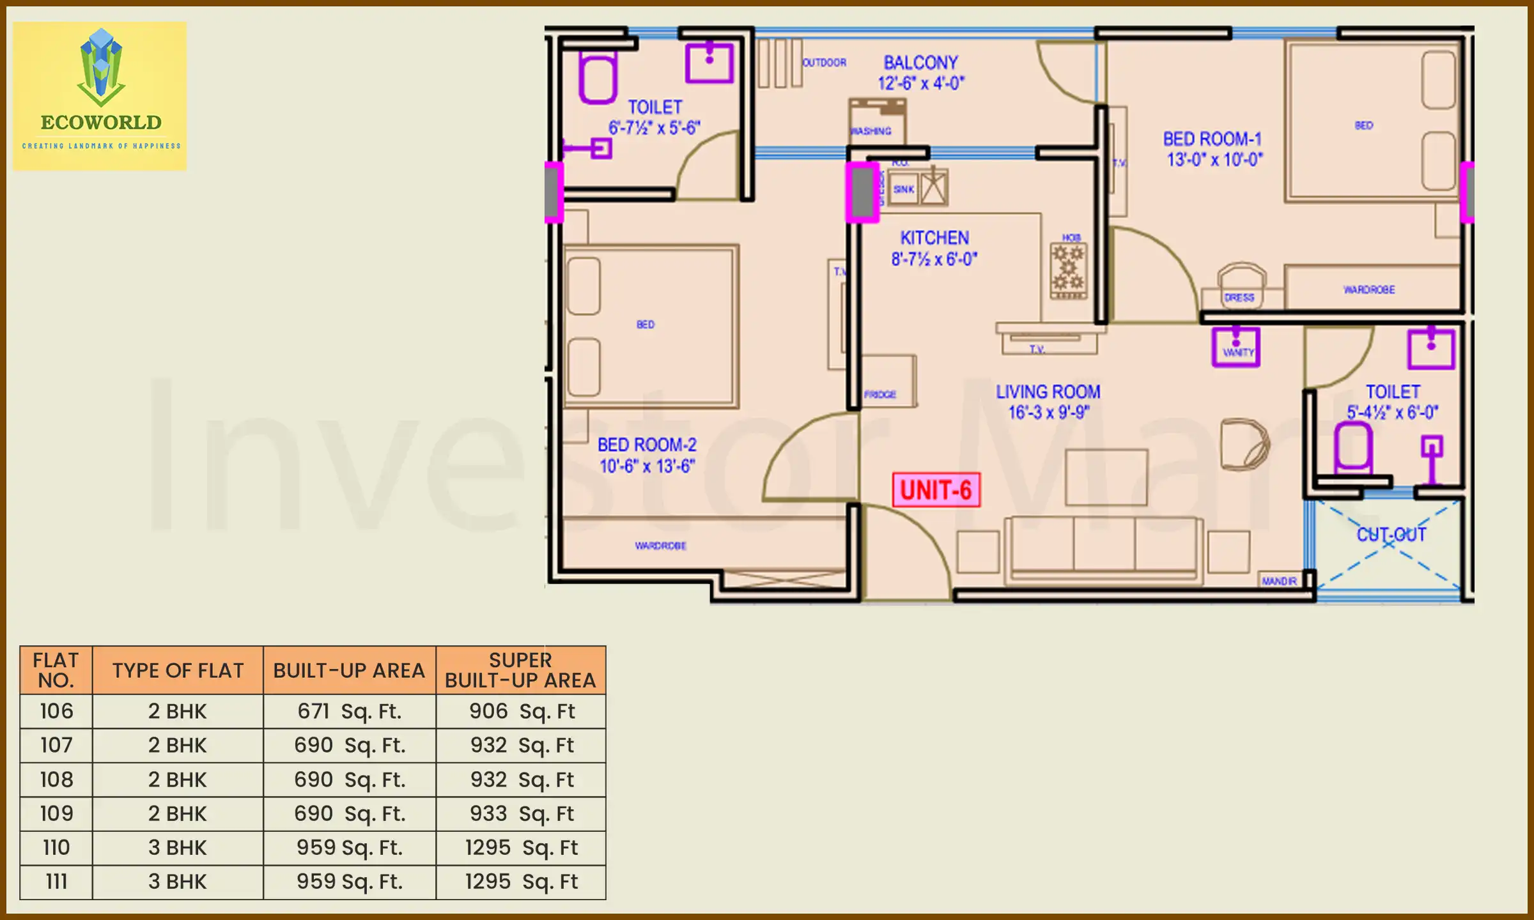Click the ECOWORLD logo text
pos(101,122)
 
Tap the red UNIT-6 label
pos(936,491)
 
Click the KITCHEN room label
pos(934,238)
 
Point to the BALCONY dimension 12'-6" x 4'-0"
pos(920,83)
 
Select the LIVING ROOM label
pos(1048,392)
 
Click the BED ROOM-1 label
pos(1212,139)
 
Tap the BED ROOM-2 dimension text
pos(647,466)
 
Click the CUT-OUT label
pos(1391,534)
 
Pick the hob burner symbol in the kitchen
pos(1068,268)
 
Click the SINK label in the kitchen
pos(903,189)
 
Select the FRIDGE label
pos(880,394)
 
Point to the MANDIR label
pos(1279,581)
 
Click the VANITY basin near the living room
pos(1236,348)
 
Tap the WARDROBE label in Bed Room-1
pos(1369,289)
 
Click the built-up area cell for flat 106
pos(349,711)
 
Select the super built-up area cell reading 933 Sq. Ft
pos(521,813)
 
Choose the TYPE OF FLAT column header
pos(178,670)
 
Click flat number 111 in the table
pos(56,882)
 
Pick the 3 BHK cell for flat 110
pos(178,848)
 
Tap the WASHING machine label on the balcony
pos(871,131)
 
